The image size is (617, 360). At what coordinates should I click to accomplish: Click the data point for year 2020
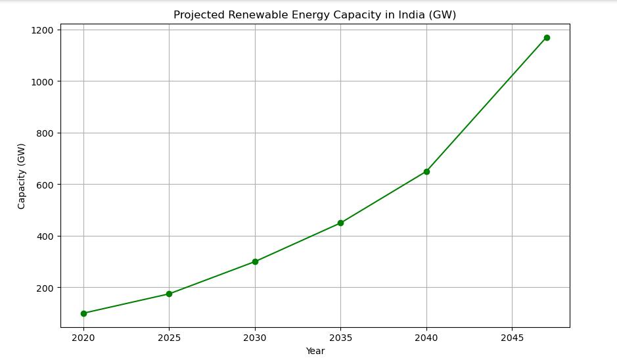[83, 313]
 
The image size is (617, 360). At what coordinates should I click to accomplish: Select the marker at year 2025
[169, 294]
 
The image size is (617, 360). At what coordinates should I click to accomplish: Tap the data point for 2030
[255, 261]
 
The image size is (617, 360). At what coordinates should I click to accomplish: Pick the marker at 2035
[340, 223]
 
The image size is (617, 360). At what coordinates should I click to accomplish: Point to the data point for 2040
[426, 171]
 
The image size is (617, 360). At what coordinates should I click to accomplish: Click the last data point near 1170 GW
[547, 37]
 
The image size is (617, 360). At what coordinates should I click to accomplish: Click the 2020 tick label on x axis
[83, 338]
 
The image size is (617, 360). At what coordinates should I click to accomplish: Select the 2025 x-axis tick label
[169, 338]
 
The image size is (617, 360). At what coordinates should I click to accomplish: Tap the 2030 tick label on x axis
[255, 338]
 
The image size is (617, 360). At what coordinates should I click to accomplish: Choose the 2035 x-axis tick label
[340, 338]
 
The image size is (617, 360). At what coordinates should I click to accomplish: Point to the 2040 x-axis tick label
[426, 338]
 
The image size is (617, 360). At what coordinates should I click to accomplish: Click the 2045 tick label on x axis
[512, 338]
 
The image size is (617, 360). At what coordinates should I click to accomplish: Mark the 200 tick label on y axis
[45, 288]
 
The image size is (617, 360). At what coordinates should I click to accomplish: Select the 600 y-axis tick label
[45, 185]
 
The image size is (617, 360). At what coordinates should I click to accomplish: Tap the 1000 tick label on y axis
[43, 81]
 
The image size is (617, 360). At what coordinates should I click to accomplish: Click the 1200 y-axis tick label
[43, 30]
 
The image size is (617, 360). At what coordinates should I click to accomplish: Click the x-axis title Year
[315, 351]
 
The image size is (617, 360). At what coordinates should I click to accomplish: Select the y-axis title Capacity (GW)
[22, 176]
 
